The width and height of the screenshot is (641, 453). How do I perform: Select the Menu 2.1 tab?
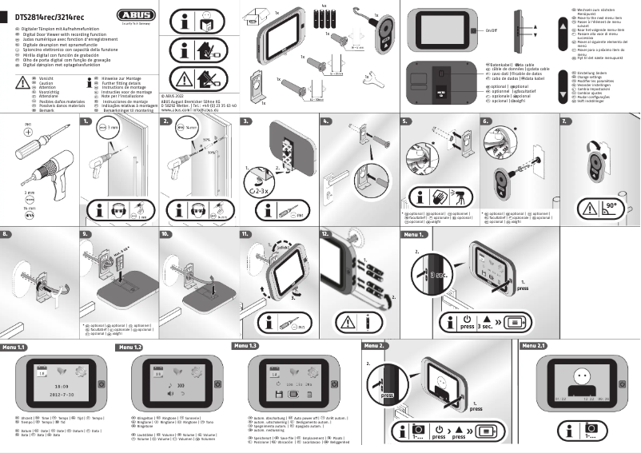(x=533, y=346)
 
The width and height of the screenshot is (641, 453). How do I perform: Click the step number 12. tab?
(x=327, y=235)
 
